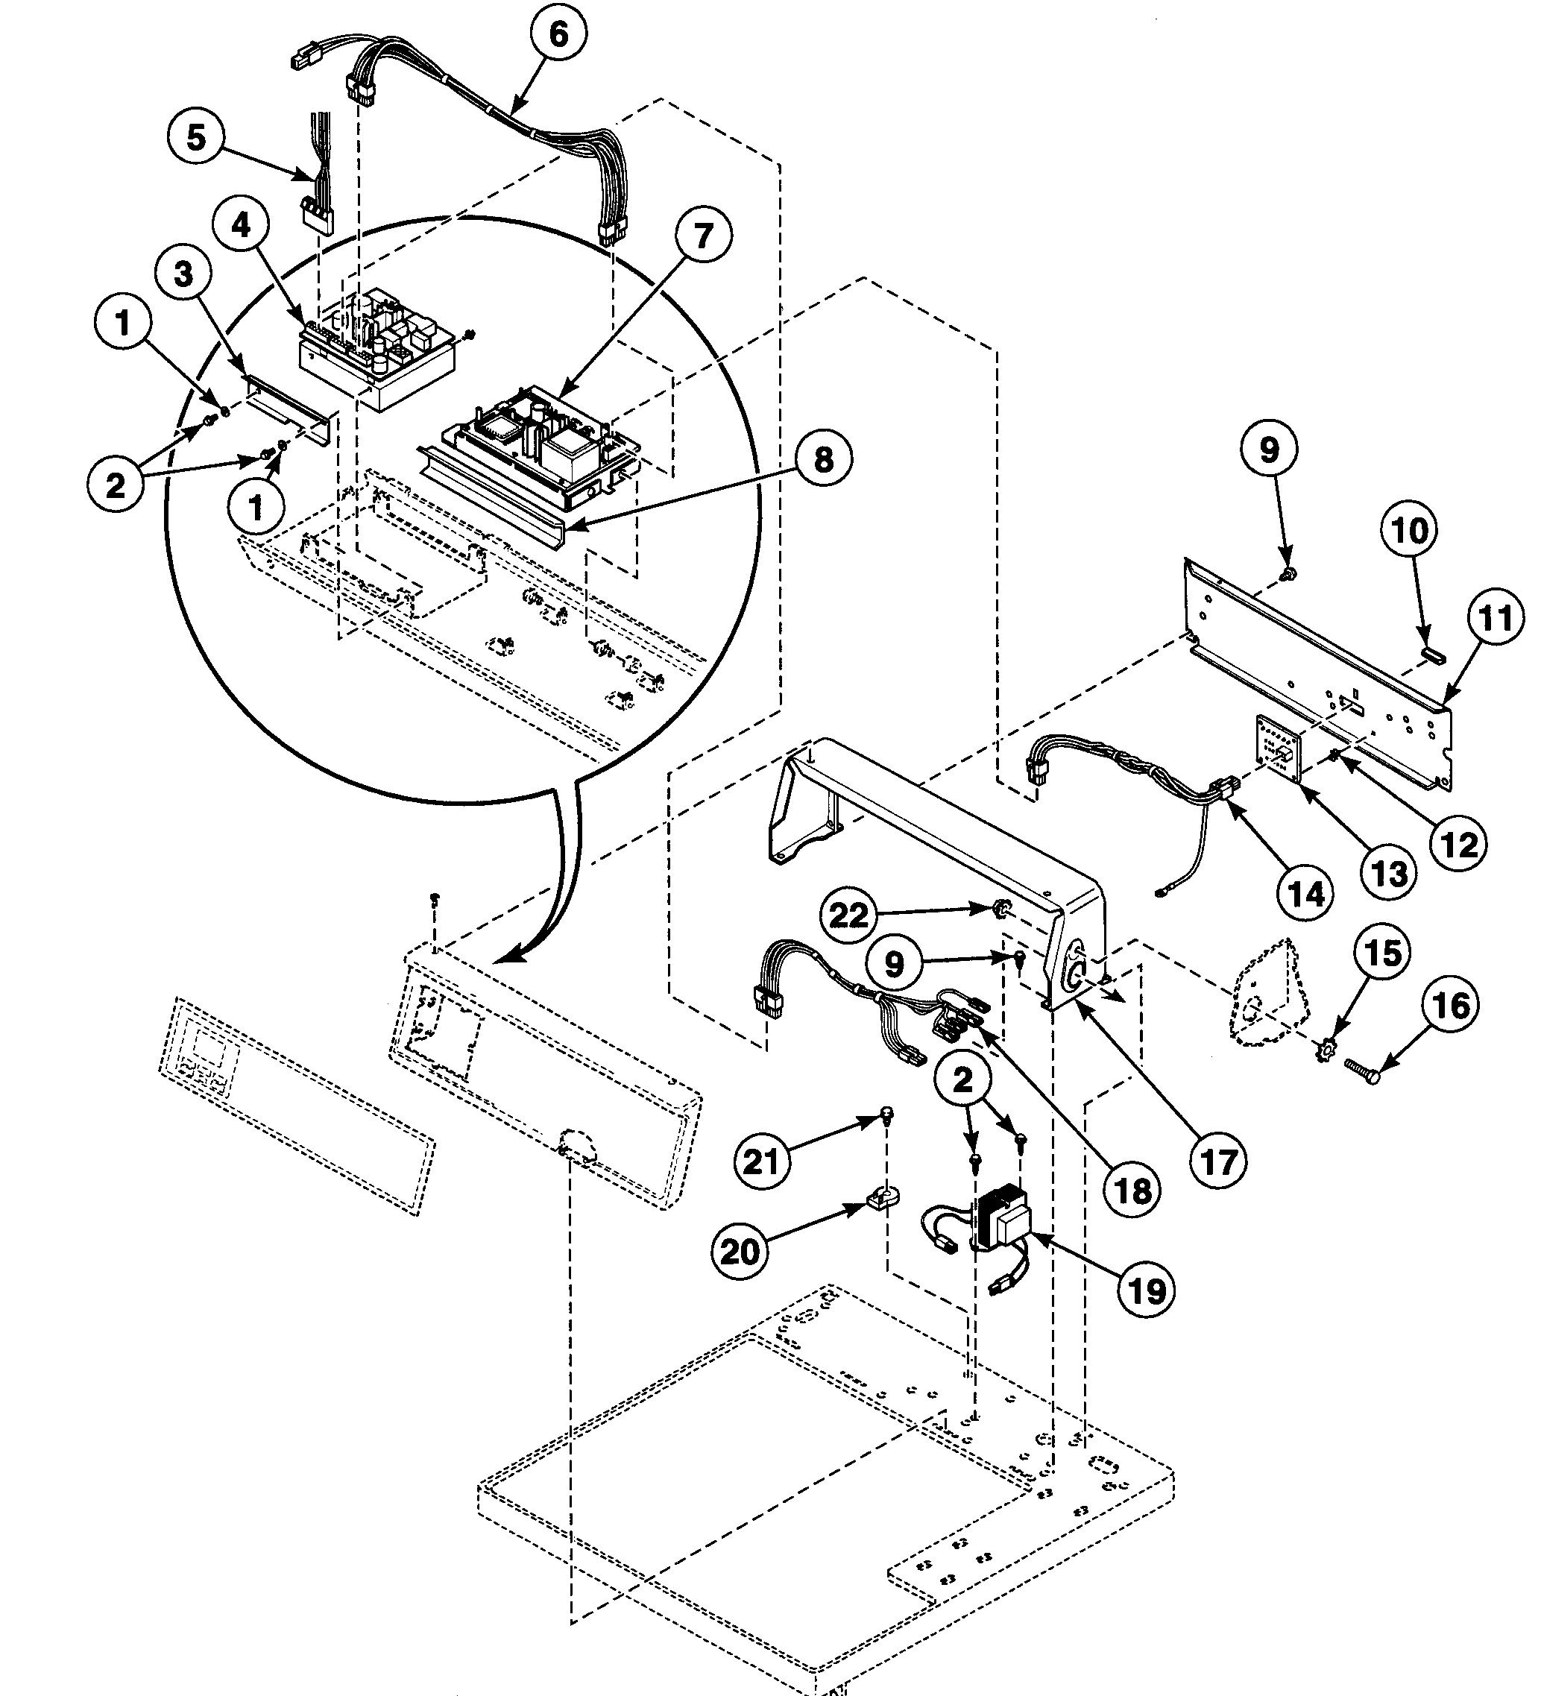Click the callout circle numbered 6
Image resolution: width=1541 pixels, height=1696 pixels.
click(x=558, y=34)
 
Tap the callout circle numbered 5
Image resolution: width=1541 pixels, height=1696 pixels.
click(x=196, y=136)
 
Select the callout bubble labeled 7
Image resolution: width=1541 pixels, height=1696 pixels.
click(x=702, y=236)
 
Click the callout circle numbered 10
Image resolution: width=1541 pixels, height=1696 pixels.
click(x=1410, y=530)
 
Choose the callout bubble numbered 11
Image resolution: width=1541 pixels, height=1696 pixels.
click(x=1496, y=618)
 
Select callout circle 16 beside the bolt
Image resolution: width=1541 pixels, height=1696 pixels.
click(x=1451, y=1006)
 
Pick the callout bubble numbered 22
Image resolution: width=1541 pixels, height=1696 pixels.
click(x=848, y=915)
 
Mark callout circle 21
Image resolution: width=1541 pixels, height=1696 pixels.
click(x=762, y=1161)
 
